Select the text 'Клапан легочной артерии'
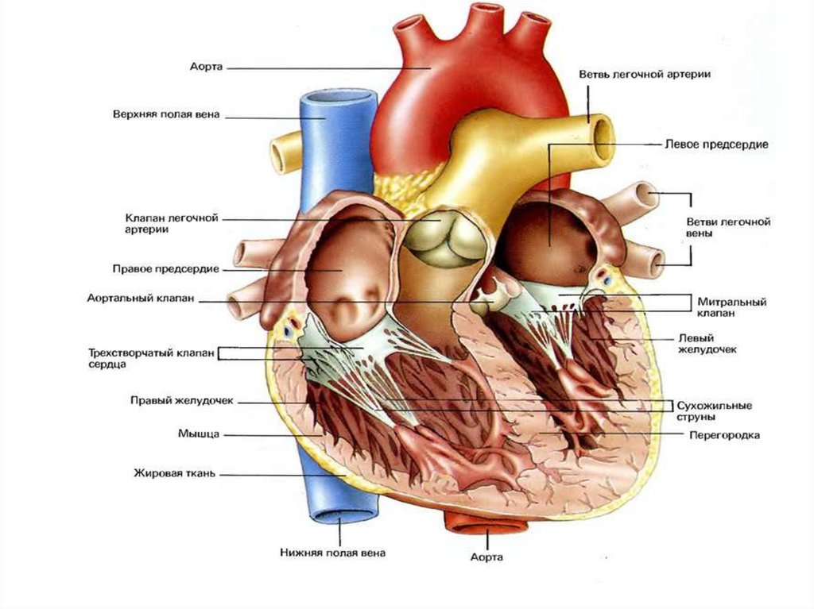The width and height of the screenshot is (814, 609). [x=171, y=223]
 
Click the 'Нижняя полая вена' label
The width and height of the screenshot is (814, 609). [x=332, y=553]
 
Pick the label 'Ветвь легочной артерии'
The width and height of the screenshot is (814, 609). [x=645, y=74]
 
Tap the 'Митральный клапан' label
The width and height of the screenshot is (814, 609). [x=731, y=308]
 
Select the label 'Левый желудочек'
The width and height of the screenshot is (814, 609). [x=704, y=343]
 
